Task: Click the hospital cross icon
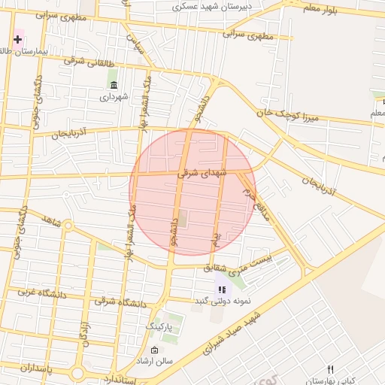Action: pyautogui.click(x=17, y=38)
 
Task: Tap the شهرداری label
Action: pyautogui.click(x=114, y=97)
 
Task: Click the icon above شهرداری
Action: pyautogui.click(x=114, y=85)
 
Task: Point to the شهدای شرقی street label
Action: pyautogui.click(x=199, y=172)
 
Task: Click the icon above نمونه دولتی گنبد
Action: pyautogui.click(x=221, y=289)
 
